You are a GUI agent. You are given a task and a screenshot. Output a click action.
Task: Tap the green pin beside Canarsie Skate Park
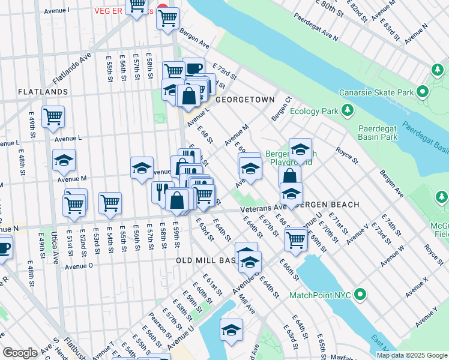(x=423, y=92)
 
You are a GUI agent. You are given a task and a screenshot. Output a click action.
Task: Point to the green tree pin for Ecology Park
(x=347, y=110)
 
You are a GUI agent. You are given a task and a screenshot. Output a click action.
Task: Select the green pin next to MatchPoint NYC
(x=360, y=295)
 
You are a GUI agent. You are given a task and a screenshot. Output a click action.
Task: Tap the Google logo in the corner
(x=20, y=353)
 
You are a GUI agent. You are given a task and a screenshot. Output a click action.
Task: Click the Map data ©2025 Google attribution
(x=412, y=355)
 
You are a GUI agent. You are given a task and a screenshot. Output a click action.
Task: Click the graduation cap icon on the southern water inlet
(x=231, y=329)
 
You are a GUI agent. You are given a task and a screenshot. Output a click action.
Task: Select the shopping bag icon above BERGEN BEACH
(x=289, y=176)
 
